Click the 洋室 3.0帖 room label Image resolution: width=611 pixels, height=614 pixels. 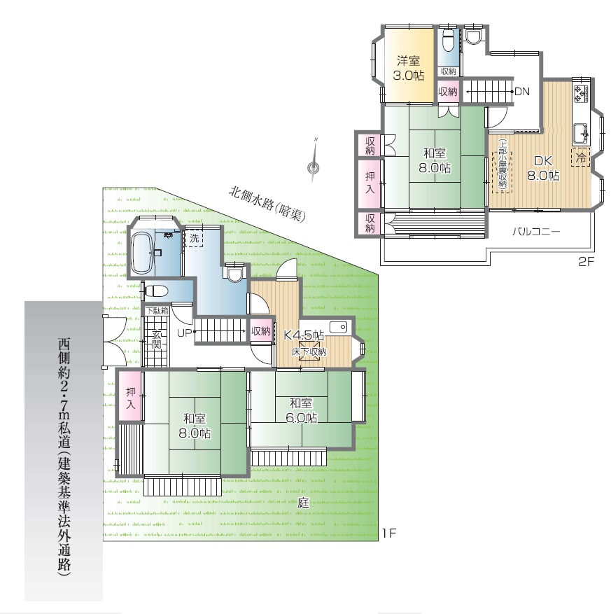(x=408, y=68)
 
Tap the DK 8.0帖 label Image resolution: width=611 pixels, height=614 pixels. (x=543, y=167)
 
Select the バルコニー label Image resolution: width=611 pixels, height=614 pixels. (x=536, y=232)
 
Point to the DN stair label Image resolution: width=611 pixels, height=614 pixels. (x=521, y=92)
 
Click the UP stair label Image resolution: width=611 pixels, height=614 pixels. (x=184, y=333)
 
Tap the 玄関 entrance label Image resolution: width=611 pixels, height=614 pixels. (x=157, y=340)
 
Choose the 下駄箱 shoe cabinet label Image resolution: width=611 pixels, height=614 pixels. (x=157, y=311)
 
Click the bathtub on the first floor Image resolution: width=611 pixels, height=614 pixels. (x=143, y=253)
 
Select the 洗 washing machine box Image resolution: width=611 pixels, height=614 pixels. (x=194, y=238)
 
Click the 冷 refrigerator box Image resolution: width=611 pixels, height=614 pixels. (x=580, y=158)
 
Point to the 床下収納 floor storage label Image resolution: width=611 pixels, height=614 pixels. (x=309, y=351)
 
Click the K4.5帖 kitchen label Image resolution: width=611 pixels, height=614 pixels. (x=303, y=335)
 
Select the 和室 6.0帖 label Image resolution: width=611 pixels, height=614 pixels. (x=301, y=410)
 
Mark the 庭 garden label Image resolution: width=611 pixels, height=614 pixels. (x=303, y=503)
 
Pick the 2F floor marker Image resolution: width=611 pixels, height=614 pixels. (x=586, y=262)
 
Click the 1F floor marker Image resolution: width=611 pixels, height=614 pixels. (x=390, y=533)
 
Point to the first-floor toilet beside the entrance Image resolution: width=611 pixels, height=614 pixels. (x=156, y=291)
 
